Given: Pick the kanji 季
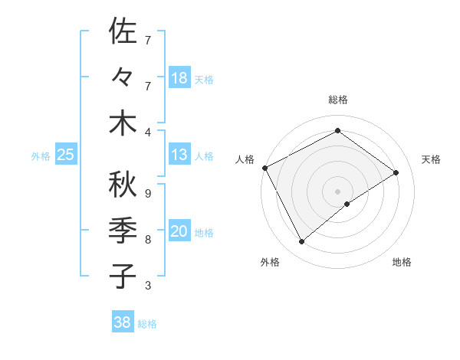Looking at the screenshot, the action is coord(123,231).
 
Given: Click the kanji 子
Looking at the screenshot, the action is coord(123,276).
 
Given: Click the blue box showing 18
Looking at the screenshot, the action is coord(179,77).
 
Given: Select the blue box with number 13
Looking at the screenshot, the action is coord(179,155).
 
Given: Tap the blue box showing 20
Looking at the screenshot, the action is coord(179,232).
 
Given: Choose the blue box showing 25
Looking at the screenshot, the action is coord(66,155).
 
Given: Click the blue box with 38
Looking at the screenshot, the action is coord(123,322).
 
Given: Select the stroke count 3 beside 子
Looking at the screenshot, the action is coord(147,286).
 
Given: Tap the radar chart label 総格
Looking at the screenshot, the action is coord(338,100).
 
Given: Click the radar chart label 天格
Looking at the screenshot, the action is coord(432,159).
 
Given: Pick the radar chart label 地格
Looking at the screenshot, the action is coord(402,262).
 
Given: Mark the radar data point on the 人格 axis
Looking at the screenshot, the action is coord(264,168).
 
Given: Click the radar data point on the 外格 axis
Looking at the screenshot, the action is coord(302,242).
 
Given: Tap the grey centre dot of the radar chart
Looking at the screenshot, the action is coord(337,191).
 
